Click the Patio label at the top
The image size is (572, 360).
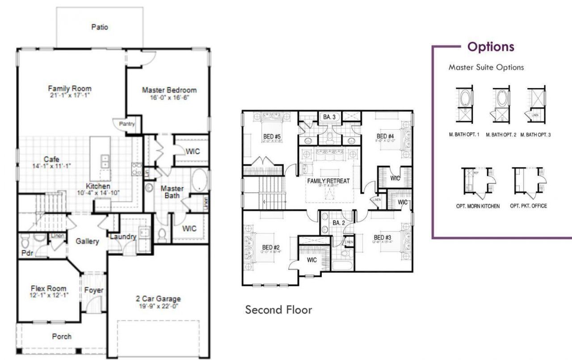pyautogui.click(x=100, y=27)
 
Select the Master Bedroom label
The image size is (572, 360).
pyautogui.click(x=169, y=90)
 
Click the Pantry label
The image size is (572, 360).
pyautogui.click(x=126, y=124)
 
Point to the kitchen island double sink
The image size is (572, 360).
pyautogui.click(x=104, y=161)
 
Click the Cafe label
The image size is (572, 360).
pyautogui.click(x=51, y=159)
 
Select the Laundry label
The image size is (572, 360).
pyautogui.click(x=122, y=237)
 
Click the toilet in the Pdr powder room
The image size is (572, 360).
pyautogui.click(x=25, y=242)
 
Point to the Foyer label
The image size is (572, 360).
pyautogui.click(x=94, y=290)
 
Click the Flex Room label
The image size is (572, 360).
pyautogui.click(x=48, y=288)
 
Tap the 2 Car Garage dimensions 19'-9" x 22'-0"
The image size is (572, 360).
pyautogui.click(x=158, y=306)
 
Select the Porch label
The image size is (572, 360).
pyautogui.click(x=62, y=336)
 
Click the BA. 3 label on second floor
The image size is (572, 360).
pyautogui.click(x=329, y=117)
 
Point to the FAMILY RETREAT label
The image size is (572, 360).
pyautogui.click(x=328, y=181)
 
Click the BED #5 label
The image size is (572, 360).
pyautogui.click(x=272, y=136)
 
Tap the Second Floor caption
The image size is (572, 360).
pyautogui.click(x=278, y=309)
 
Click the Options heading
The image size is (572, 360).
pyautogui.click(x=491, y=47)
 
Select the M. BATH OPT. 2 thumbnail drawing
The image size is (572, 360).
pyautogui.click(x=500, y=104)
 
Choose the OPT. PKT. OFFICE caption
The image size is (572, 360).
pyautogui.click(x=528, y=206)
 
